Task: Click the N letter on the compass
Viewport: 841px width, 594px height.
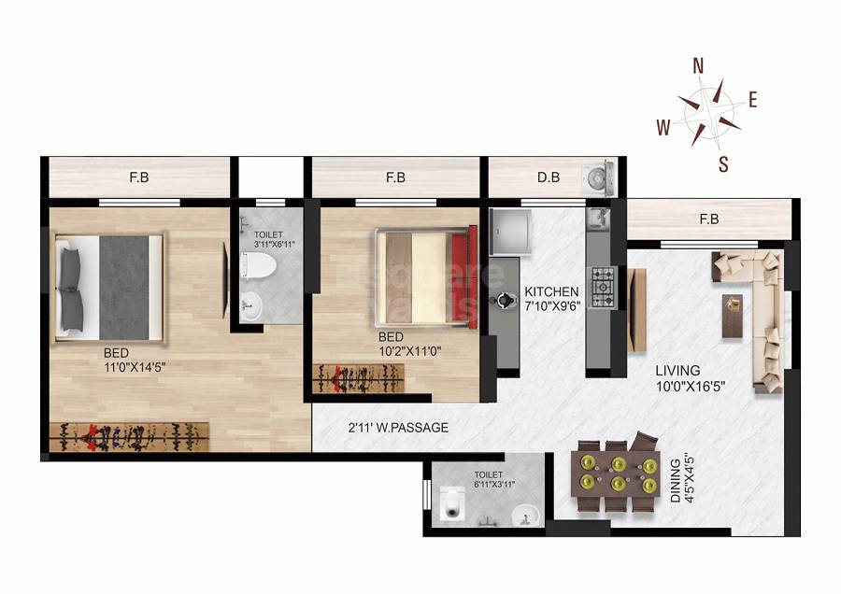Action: point(697,65)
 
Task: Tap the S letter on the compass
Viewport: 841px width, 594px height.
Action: point(723,165)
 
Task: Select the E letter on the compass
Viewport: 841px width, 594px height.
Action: point(752,100)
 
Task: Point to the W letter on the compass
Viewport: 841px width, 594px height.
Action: point(663,129)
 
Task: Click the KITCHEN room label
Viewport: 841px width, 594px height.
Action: point(551,291)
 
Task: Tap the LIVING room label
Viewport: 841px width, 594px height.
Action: point(677,370)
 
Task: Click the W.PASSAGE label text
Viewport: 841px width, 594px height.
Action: point(411,428)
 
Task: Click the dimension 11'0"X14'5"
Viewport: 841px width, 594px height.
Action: point(140,367)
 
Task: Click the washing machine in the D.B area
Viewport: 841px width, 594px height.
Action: point(595,178)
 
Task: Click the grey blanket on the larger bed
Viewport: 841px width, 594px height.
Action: point(124,287)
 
